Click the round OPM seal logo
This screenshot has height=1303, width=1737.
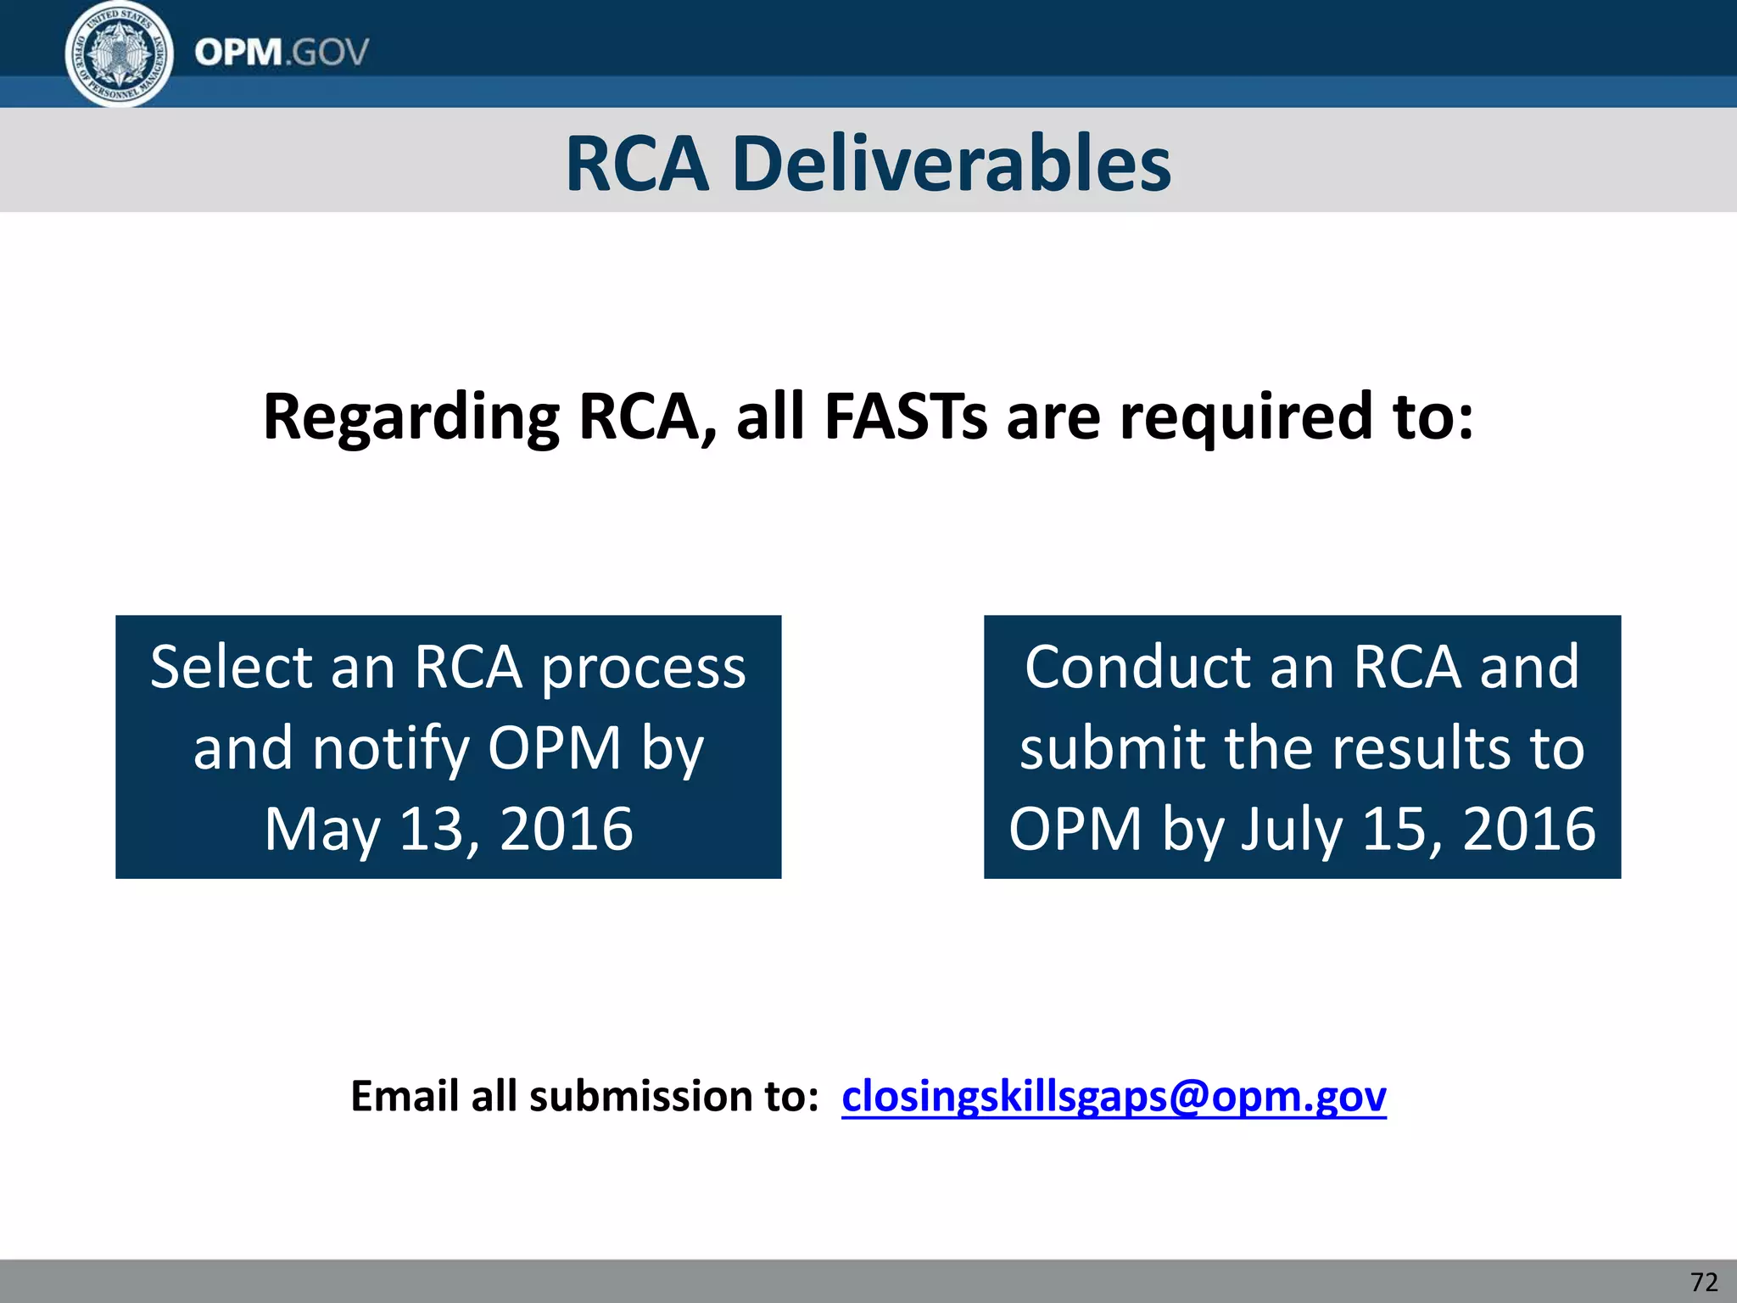[x=120, y=54]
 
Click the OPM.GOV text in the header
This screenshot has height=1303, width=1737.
[x=282, y=53]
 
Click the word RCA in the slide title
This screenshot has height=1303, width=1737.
[x=636, y=164]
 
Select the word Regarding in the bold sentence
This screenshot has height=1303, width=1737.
[x=411, y=417]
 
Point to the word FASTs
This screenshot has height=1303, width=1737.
[x=905, y=417]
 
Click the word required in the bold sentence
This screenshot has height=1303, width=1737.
[x=1246, y=417]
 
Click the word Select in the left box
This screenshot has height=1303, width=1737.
[x=230, y=667]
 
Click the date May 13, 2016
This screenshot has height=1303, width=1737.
[x=449, y=828]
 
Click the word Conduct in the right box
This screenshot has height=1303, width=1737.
[x=1137, y=667]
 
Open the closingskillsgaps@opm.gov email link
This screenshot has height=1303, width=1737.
[x=1114, y=1096]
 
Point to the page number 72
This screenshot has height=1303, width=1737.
[x=1704, y=1282]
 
